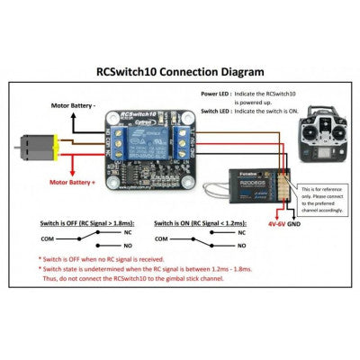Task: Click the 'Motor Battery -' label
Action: pos(71,106)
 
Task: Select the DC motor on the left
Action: pos(34,144)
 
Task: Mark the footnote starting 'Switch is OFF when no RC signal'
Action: pos(116,267)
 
